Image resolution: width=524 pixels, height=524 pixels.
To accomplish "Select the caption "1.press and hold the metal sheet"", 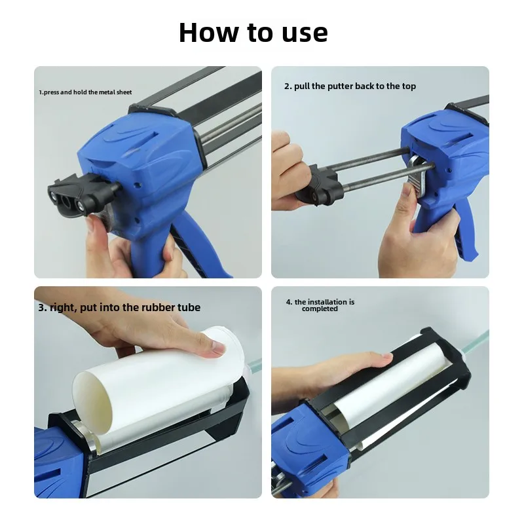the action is pos(86,92).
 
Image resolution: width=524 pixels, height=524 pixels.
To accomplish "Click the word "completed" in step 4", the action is pos(320,309).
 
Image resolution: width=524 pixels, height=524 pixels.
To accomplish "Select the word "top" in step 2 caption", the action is pos(409,86).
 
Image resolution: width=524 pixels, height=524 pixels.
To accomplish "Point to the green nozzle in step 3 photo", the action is pos(254,365).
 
